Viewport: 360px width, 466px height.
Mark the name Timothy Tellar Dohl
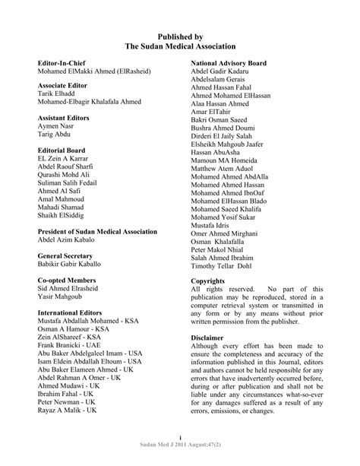tap(229, 266)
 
